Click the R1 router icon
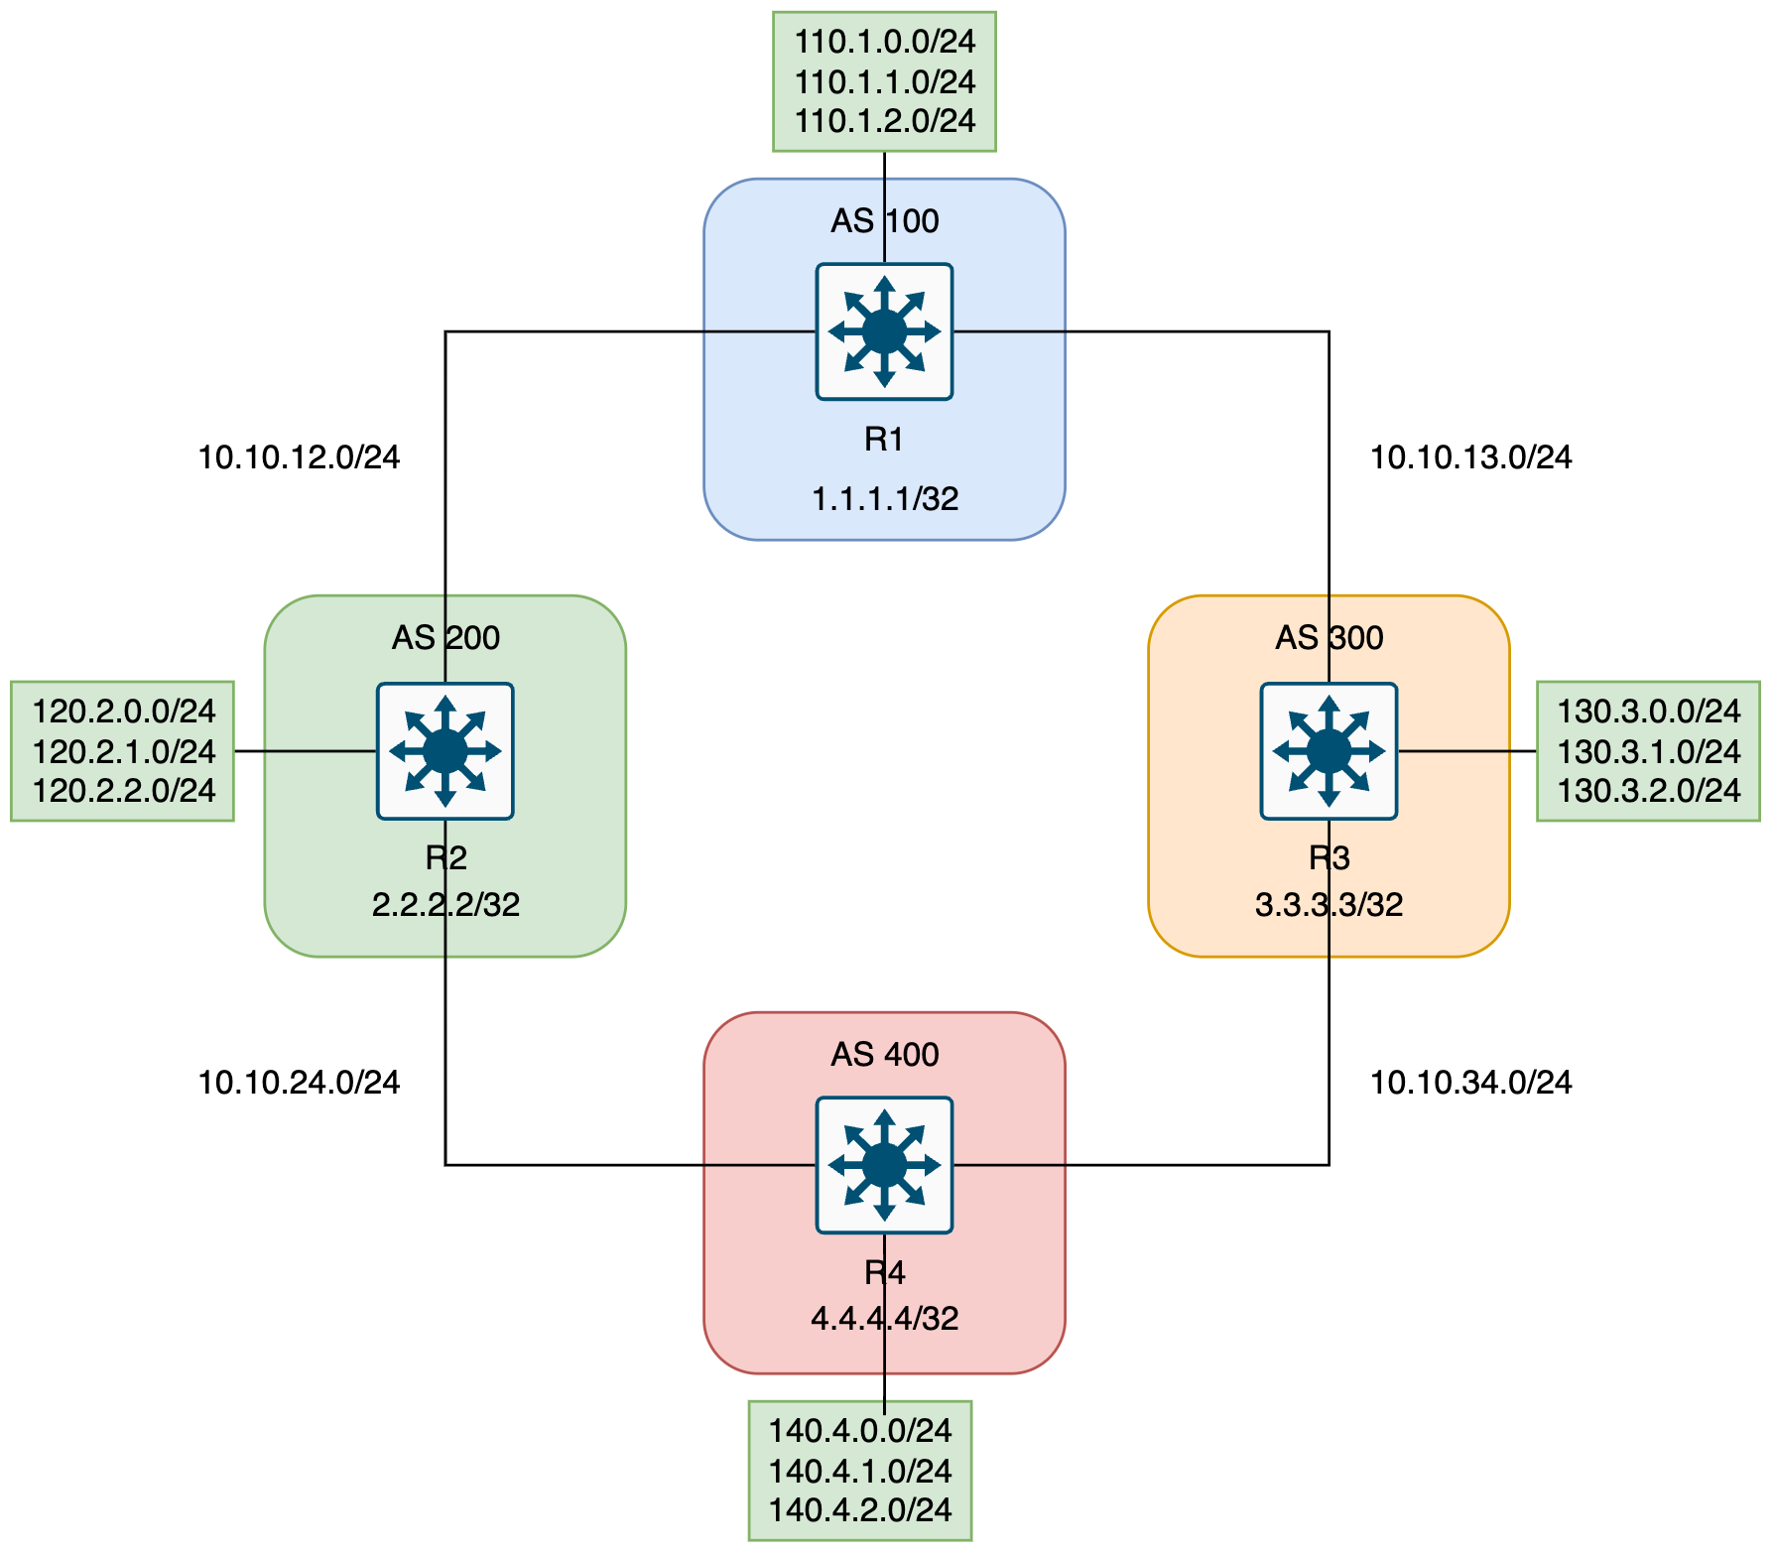pyautogui.click(x=884, y=331)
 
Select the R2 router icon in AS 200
pyautogui.click(x=444, y=751)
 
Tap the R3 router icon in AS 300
pyautogui.click(x=1329, y=751)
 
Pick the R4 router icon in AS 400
pyautogui.click(x=884, y=1165)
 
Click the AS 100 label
pyautogui.click(x=884, y=220)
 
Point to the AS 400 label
pyautogui.click(x=884, y=1054)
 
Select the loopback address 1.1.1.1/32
pyautogui.click(x=884, y=498)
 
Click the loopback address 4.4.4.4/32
pyautogui.click(x=884, y=1318)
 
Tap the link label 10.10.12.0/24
pyautogui.click(x=299, y=457)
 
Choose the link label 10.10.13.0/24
pyautogui.click(x=1470, y=457)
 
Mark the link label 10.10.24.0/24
pyautogui.click(x=299, y=1083)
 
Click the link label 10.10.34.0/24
pyautogui.click(x=1470, y=1083)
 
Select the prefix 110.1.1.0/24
pyautogui.click(x=885, y=81)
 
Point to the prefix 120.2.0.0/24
pyautogui.click(x=124, y=712)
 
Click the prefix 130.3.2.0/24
pyautogui.click(x=1648, y=791)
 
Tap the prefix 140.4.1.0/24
pyautogui.click(x=860, y=1471)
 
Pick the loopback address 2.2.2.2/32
pyautogui.click(x=445, y=904)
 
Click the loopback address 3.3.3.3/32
pyautogui.click(x=1329, y=904)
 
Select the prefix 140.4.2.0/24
pyautogui.click(x=860, y=1510)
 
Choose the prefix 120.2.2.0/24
pyautogui.click(x=124, y=791)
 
